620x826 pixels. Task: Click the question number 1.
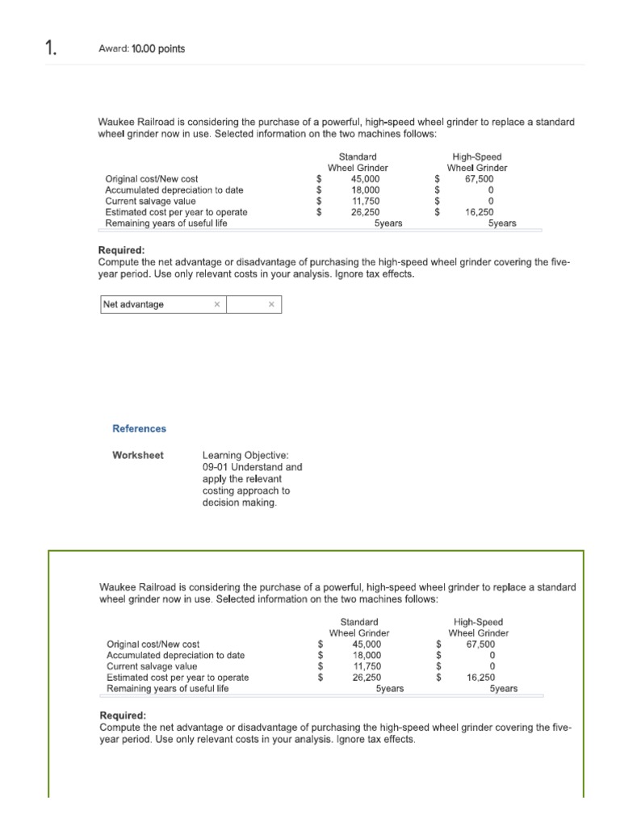[x=28, y=49]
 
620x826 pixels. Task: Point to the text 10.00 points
[x=158, y=49]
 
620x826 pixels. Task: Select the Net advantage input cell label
[x=133, y=304]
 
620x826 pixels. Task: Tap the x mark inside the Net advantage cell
[x=216, y=304]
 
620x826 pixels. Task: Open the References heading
[x=139, y=428]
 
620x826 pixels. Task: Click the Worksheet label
[x=137, y=455]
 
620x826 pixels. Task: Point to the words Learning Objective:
[x=240, y=455]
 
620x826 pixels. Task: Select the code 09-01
[x=216, y=467]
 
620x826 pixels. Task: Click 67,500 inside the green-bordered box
[x=481, y=645]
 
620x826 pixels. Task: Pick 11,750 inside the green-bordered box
[x=367, y=666]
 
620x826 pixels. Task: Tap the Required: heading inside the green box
[x=123, y=715]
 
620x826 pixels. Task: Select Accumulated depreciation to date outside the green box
[x=174, y=190]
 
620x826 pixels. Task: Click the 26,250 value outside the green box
[x=366, y=212]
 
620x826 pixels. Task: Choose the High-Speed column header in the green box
[x=478, y=622]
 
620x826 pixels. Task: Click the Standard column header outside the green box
[x=358, y=156]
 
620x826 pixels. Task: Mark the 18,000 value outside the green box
[x=366, y=190]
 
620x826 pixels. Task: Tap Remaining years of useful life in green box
[x=168, y=689]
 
